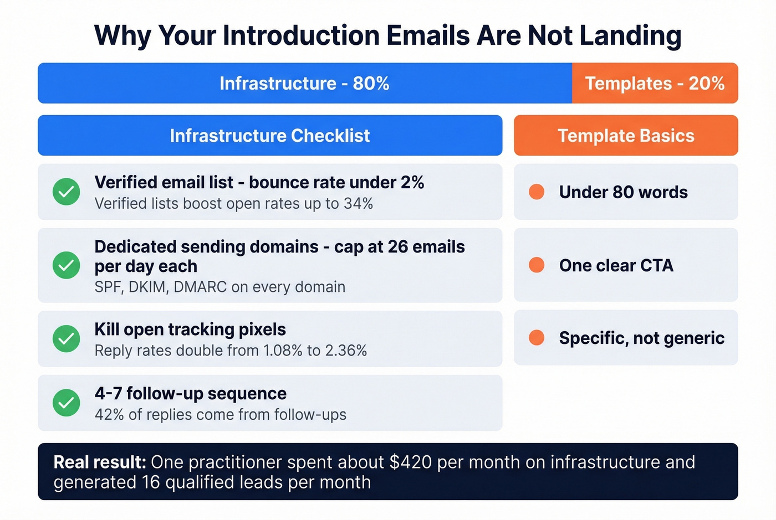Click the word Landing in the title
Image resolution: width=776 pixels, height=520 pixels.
(x=630, y=35)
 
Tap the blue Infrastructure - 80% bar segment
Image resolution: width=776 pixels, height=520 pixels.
(x=304, y=83)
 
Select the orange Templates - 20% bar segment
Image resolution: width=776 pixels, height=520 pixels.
(x=655, y=83)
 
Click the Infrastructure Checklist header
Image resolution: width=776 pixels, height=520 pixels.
(x=270, y=136)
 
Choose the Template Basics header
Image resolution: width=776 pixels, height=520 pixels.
(x=626, y=136)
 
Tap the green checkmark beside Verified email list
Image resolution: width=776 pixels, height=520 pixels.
(x=67, y=192)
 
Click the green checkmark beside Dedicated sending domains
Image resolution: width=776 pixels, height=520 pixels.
(x=67, y=265)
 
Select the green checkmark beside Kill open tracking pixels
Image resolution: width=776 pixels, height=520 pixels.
(x=67, y=338)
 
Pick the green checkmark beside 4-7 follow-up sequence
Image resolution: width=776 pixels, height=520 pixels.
(x=67, y=403)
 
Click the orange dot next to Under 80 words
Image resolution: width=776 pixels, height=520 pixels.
(x=537, y=192)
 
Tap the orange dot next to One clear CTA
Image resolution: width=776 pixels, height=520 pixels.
(x=537, y=265)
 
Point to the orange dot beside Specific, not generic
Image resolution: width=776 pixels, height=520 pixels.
(x=537, y=338)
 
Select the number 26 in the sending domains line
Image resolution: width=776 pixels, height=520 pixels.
(x=397, y=247)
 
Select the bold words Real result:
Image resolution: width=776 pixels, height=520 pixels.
(x=100, y=462)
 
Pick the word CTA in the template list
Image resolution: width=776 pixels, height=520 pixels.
(x=657, y=266)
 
